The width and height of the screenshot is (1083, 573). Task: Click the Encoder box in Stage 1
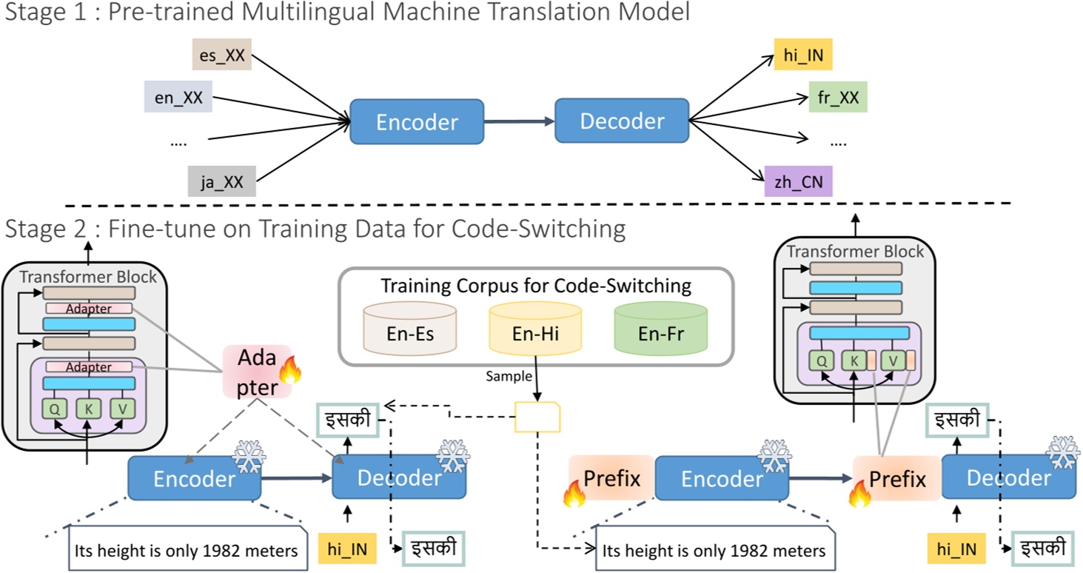(x=417, y=122)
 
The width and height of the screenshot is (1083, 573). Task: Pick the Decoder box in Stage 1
(x=621, y=121)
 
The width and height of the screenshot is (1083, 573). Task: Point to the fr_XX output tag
(x=837, y=96)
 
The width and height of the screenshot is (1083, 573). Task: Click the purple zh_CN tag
(x=799, y=180)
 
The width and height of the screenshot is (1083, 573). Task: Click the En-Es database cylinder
(x=410, y=330)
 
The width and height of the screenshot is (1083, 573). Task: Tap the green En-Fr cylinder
(x=660, y=330)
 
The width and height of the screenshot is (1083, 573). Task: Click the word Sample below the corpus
(x=509, y=376)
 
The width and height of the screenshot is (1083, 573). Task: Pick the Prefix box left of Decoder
(x=896, y=478)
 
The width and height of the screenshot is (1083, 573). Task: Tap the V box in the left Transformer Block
(x=121, y=409)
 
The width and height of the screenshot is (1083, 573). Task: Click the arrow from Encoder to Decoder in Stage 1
(x=519, y=121)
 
